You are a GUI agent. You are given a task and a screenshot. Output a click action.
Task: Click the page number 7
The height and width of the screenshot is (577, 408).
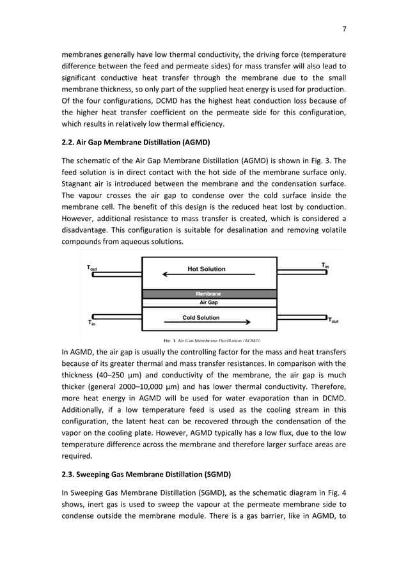click(344, 29)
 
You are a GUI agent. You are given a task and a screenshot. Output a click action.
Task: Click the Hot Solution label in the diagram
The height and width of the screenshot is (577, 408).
click(206, 269)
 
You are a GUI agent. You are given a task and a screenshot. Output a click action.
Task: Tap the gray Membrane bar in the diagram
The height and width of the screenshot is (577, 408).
click(208, 294)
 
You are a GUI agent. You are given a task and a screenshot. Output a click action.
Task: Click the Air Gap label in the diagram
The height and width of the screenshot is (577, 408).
click(208, 303)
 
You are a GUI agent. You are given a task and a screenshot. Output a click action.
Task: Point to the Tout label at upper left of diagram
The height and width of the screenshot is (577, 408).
click(92, 269)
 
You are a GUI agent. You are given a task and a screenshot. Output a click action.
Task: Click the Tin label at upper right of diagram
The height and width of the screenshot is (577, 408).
click(325, 265)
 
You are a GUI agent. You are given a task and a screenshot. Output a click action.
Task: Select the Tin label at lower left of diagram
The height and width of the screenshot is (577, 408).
click(91, 322)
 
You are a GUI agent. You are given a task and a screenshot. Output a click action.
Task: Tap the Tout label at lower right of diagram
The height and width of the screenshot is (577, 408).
click(333, 321)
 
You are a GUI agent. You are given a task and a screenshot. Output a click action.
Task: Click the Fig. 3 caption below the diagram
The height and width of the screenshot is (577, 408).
click(211, 341)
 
